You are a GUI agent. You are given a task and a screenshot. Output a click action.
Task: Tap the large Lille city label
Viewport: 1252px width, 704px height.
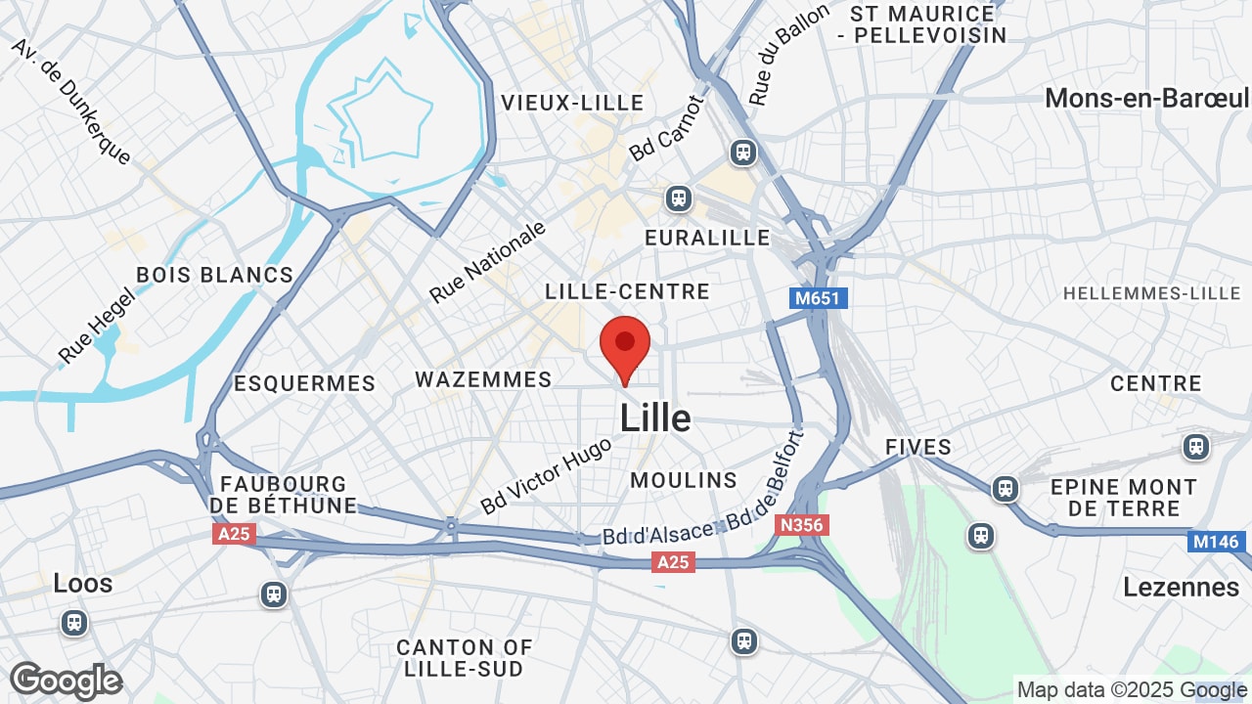coord(655,418)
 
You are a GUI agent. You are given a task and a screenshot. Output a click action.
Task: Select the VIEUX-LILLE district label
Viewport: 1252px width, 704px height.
coord(572,103)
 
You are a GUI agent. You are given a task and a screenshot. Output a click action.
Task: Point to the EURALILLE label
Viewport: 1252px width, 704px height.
coord(707,238)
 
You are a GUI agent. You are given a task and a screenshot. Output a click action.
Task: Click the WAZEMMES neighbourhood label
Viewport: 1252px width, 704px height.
coord(483,379)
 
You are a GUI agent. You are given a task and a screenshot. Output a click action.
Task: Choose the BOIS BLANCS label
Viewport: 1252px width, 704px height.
coord(215,275)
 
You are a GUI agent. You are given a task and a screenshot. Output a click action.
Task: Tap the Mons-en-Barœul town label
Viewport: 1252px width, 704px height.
coord(1146,98)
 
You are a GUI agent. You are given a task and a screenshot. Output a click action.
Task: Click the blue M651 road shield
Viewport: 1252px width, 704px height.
coord(818,297)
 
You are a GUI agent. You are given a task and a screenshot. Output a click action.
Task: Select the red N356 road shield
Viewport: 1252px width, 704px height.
coord(802,525)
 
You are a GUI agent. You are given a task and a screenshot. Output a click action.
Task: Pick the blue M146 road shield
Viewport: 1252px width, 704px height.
coord(1216,542)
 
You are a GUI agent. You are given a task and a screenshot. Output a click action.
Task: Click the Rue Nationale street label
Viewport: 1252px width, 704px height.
coord(488,262)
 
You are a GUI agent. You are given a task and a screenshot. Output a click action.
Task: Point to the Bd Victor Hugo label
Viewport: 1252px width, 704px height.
coord(546,476)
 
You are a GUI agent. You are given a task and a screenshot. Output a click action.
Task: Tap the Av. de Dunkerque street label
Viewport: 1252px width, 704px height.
coord(70,101)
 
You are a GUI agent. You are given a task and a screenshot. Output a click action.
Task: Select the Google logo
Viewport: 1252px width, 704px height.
coord(67,681)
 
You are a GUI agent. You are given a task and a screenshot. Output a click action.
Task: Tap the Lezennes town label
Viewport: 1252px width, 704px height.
coord(1182,587)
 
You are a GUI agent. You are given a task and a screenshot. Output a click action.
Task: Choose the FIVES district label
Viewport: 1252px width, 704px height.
coord(917,447)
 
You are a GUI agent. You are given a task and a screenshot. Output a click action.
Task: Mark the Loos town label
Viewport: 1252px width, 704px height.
coord(83,584)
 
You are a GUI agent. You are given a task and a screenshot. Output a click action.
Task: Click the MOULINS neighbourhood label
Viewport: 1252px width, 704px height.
coord(684,480)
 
